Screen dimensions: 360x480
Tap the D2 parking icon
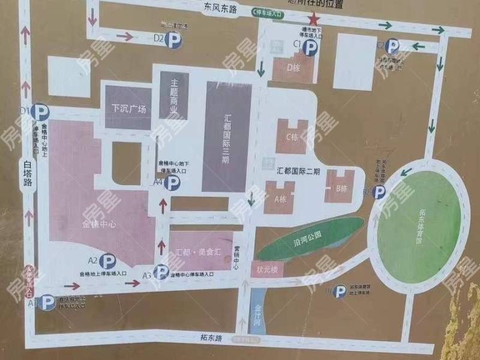(174, 40)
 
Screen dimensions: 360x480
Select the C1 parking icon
(310, 48)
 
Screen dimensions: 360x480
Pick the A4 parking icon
(172, 183)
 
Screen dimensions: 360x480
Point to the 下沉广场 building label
(128, 109)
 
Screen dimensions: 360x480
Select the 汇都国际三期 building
(226, 137)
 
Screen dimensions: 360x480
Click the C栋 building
(292, 137)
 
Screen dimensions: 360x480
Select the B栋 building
(341, 188)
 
